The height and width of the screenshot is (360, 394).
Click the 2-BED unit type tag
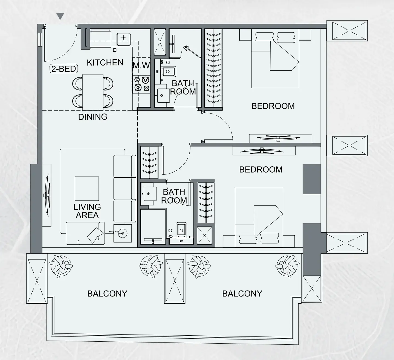click(64, 69)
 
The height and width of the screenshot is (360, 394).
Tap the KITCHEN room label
click(105, 63)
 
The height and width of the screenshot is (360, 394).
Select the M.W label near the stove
click(141, 65)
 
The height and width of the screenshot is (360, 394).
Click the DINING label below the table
click(93, 117)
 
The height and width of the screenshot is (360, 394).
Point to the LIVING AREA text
click(87, 211)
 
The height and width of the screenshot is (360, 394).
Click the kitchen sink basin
click(124, 39)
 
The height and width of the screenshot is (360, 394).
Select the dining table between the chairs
click(93, 92)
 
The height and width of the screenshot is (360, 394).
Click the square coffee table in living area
click(87, 188)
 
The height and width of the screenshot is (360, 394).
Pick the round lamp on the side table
click(123, 233)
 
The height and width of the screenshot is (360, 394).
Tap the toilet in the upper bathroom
click(168, 71)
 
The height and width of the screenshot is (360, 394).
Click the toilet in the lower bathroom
click(181, 229)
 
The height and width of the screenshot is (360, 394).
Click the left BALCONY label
click(107, 294)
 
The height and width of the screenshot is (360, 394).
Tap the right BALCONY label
click(242, 294)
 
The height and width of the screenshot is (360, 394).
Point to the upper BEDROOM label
click(273, 106)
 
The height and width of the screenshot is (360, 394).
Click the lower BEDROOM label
click(261, 170)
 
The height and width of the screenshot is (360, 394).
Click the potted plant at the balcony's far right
click(288, 266)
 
